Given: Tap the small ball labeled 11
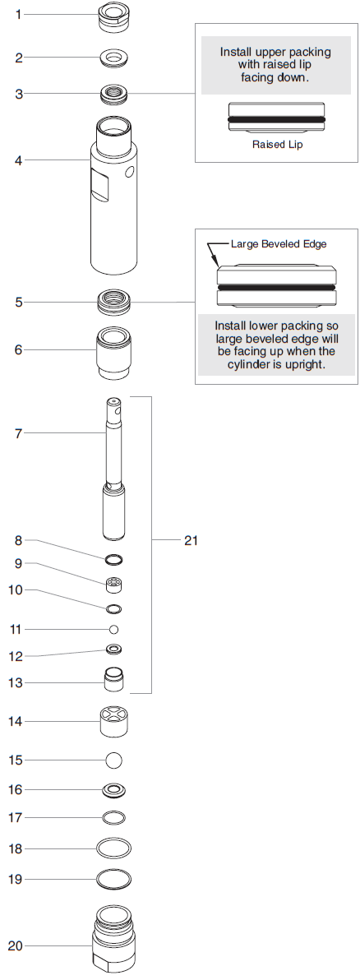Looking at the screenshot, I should point(114,629).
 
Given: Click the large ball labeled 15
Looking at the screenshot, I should point(114,759).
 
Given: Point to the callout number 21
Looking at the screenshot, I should point(191,540).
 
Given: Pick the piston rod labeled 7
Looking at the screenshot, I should point(114,469).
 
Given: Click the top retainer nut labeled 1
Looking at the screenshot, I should point(113,17).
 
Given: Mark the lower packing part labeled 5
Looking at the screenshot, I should point(114,301).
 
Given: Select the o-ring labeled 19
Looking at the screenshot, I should point(114,878).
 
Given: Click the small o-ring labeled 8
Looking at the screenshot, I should point(114,560).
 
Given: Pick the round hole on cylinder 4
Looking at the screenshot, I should point(130,173).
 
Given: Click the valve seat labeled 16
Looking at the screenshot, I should point(114,790).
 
